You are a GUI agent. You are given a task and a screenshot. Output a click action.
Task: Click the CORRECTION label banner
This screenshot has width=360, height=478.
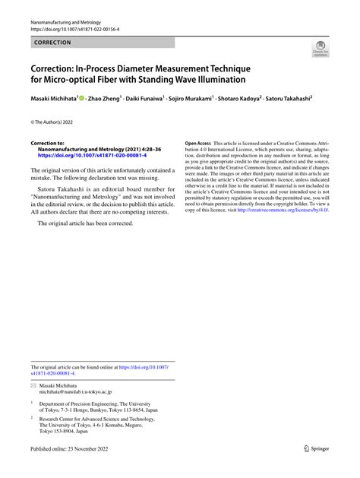point(52,43)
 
